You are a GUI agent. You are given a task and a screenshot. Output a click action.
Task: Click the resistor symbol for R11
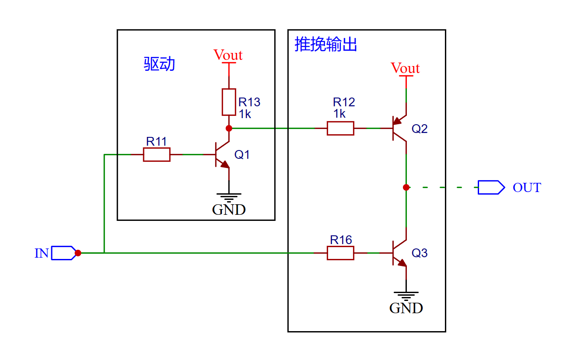click(157, 154)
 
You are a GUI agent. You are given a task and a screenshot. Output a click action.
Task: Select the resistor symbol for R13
click(229, 102)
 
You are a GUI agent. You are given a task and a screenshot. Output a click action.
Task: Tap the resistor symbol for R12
click(340, 128)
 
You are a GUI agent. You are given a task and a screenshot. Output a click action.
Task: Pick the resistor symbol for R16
click(340, 253)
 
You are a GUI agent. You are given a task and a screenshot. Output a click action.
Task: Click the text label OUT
click(527, 188)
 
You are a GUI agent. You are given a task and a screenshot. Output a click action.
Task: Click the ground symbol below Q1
click(229, 196)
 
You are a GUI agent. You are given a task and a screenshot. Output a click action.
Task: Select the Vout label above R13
click(228, 55)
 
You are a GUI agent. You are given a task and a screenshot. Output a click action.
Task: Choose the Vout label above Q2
click(405, 68)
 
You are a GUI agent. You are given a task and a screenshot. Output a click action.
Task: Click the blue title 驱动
click(160, 64)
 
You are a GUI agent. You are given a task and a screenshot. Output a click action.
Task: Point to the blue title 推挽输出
click(326, 45)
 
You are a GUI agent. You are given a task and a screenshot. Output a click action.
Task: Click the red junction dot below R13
click(229, 128)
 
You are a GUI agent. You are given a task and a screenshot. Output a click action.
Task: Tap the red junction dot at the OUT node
click(406, 187)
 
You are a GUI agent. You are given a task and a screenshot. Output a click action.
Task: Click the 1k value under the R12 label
click(339, 114)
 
